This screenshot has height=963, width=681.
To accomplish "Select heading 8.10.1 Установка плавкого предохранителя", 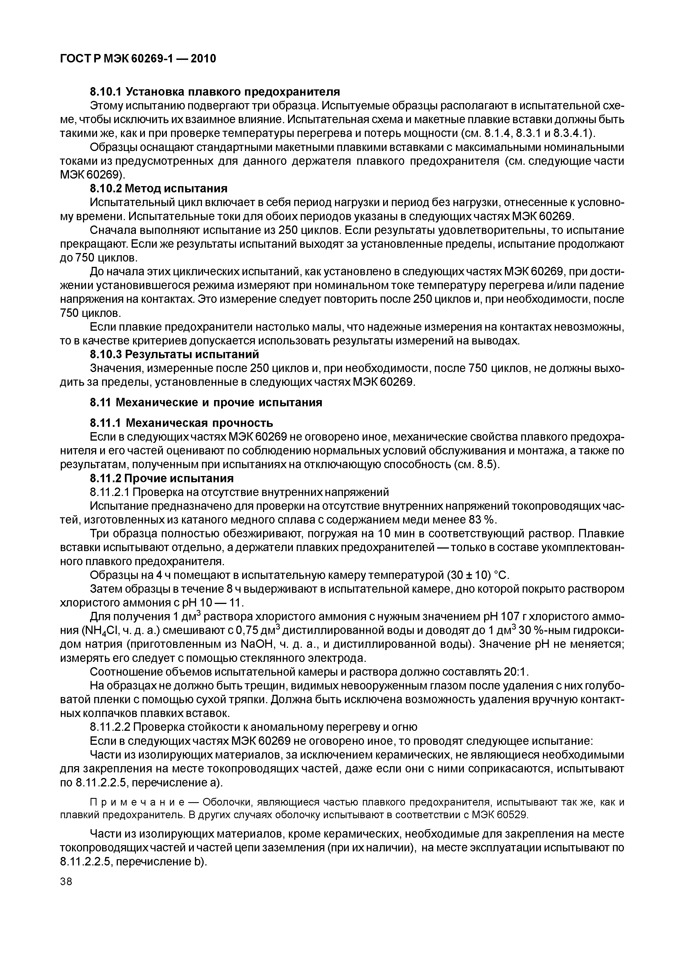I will (215, 91).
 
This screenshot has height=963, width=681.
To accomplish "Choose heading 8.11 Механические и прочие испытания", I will (206, 403).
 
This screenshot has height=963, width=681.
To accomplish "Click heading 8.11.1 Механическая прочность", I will (182, 422).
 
